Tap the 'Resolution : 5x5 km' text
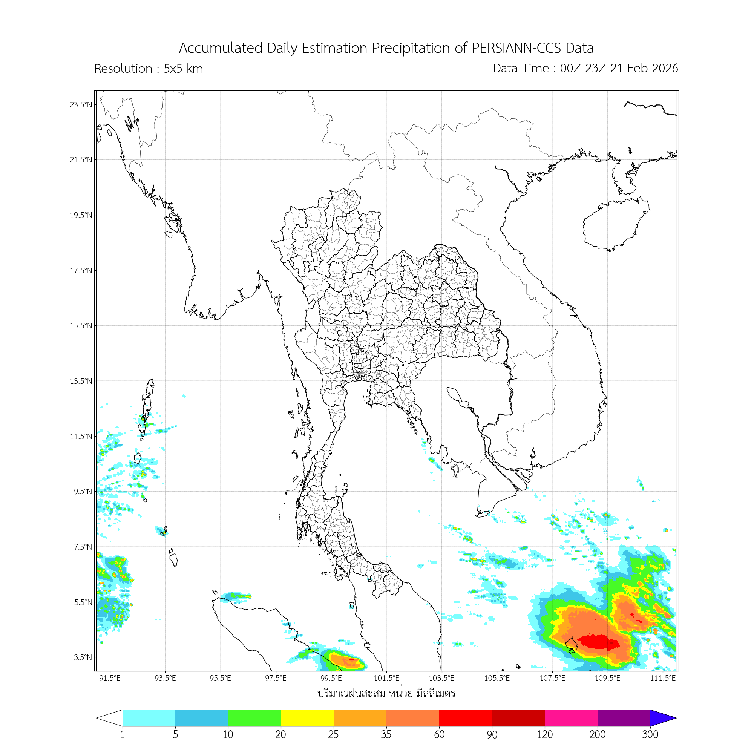(x=148, y=69)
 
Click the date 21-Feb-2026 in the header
(x=644, y=68)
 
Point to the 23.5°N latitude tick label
(x=81, y=104)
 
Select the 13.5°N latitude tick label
(x=81, y=381)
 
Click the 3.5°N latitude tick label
(x=83, y=657)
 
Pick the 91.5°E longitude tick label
(x=110, y=678)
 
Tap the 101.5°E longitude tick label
(x=386, y=678)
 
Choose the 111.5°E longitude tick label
(x=663, y=678)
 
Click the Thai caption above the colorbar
(x=386, y=694)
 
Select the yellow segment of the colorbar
(x=307, y=718)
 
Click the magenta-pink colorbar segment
(x=571, y=718)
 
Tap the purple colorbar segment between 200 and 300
(x=624, y=718)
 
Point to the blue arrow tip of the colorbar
(x=665, y=718)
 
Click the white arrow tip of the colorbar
(x=107, y=718)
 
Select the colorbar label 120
(x=544, y=735)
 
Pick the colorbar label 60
(x=439, y=735)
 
